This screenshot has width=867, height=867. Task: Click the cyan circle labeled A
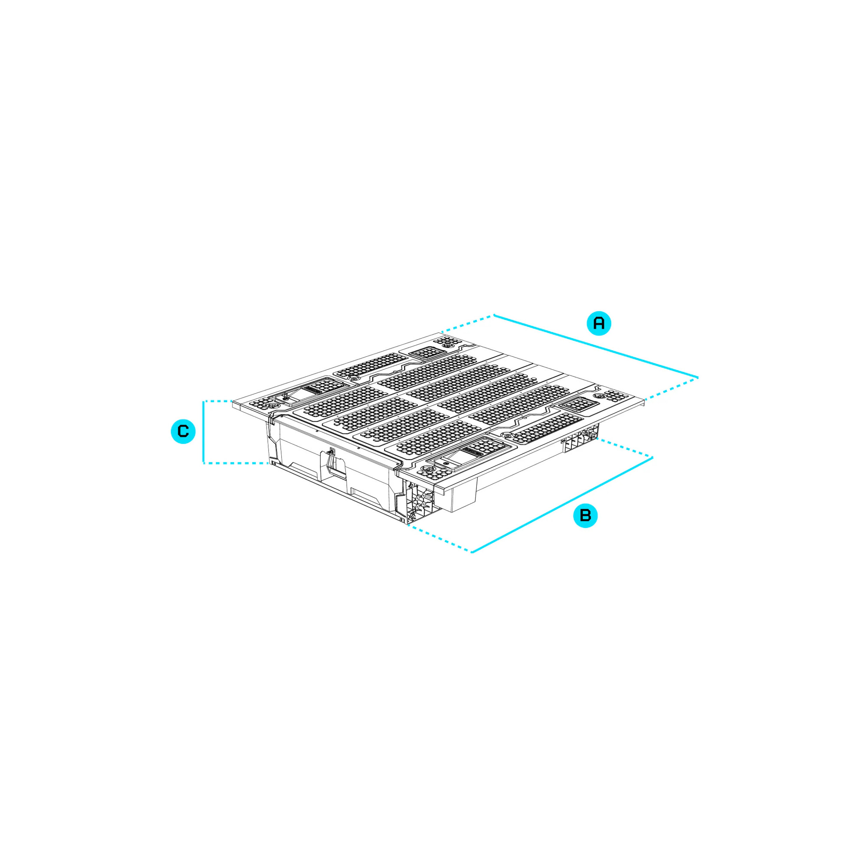(x=599, y=323)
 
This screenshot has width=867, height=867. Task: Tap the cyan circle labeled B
(x=585, y=515)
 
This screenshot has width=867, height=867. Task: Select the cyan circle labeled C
(x=183, y=431)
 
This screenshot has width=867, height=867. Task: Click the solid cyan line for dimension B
(x=562, y=505)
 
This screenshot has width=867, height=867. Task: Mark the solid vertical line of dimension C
(x=203, y=432)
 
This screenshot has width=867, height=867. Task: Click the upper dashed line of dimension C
(x=218, y=401)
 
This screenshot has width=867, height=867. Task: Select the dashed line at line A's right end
(x=671, y=388)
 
